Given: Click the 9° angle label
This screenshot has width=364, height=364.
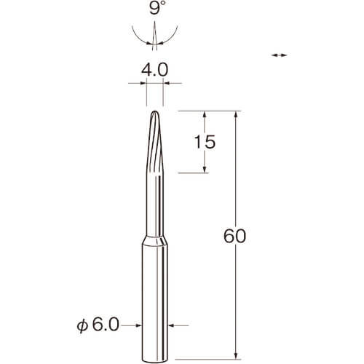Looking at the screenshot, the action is [x=154, y=8].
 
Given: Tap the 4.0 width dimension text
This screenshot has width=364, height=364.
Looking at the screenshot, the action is [x=154, y=70].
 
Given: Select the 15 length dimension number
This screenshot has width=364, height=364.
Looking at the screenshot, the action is [x=205, y=142].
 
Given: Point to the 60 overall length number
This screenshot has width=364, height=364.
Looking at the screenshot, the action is [x=234, y=236].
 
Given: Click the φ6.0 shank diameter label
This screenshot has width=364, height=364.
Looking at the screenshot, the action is [x=98, y=325].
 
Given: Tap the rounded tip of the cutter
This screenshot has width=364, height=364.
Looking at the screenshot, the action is [x=154, y=111].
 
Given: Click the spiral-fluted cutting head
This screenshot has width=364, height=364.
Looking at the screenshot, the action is [x=154, y=142].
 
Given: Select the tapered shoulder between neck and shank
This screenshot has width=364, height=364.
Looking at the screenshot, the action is [x=154, y=241].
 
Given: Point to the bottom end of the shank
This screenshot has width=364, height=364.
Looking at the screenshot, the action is [x=154, y=360].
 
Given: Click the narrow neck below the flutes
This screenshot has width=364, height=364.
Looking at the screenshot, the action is [x=154, y=205].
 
